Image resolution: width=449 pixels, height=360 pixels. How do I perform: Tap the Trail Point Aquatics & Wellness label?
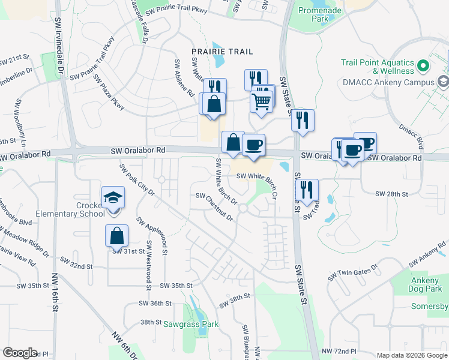378,67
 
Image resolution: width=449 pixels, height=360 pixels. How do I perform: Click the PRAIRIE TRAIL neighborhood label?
222,52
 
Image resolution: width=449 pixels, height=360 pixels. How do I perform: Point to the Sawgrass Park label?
191,324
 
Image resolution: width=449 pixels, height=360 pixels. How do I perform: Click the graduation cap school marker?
113,199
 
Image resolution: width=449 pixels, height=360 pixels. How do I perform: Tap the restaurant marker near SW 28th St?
307,190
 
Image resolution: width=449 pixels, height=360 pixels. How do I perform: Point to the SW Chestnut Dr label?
214,206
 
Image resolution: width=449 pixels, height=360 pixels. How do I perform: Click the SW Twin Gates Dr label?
352,274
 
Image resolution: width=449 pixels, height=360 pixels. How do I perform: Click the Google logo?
20,353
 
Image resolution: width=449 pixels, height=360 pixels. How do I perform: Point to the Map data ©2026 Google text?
411,355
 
